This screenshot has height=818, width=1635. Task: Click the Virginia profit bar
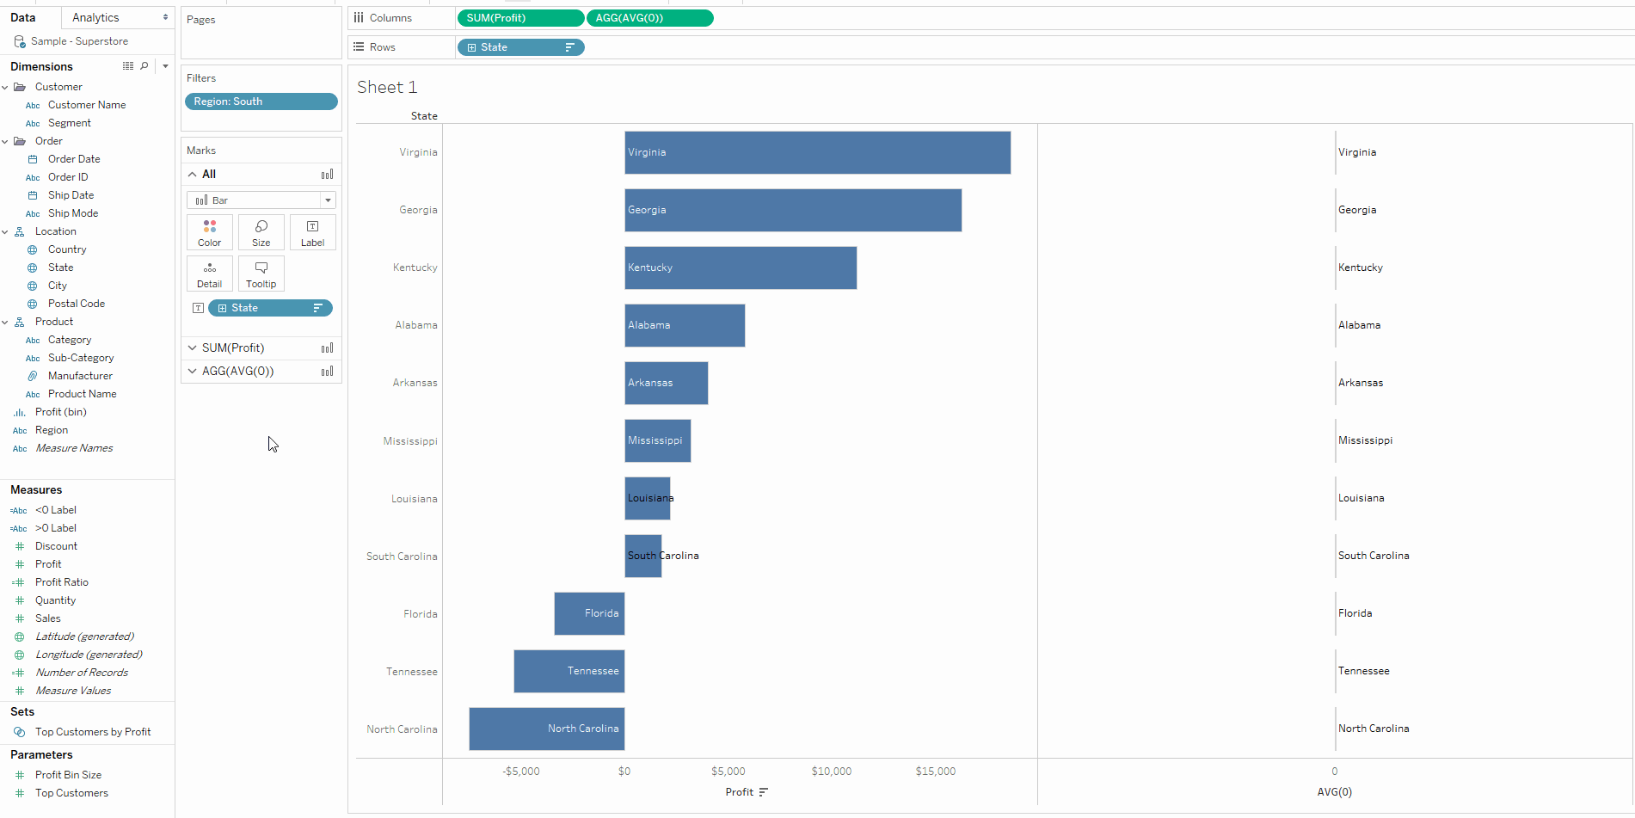tap(817, 152)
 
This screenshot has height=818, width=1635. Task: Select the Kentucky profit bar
tap(741, 268)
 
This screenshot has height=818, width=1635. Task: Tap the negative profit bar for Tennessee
tap(569, 671)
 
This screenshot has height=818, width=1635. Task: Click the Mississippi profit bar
tap(657, 440)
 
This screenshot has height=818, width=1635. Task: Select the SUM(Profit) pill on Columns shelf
tap(520, 18)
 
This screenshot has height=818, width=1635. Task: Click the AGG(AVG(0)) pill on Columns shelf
tap(649, 18)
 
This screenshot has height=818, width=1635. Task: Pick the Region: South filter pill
tap(261, 101)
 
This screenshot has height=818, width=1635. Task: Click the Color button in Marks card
tap(209, 232)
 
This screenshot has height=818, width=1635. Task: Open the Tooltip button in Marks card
tap(261, 274)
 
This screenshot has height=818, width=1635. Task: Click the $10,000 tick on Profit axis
tap(831, 772)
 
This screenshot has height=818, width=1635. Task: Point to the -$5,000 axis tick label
tap(521, 772)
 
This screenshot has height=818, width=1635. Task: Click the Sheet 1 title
tap(387, 87)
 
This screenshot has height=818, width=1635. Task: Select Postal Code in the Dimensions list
tap(77, 304)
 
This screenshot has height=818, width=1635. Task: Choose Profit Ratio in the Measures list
tap(62, 582)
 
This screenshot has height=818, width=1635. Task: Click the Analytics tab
tap(96, 17)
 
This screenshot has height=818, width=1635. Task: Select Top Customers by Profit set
tap(93, 732)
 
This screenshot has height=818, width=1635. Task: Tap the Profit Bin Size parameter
tap(68, 775)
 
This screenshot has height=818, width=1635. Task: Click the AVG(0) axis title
tap(1334, 792)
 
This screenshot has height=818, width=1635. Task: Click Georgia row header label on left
tap(418, 210)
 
